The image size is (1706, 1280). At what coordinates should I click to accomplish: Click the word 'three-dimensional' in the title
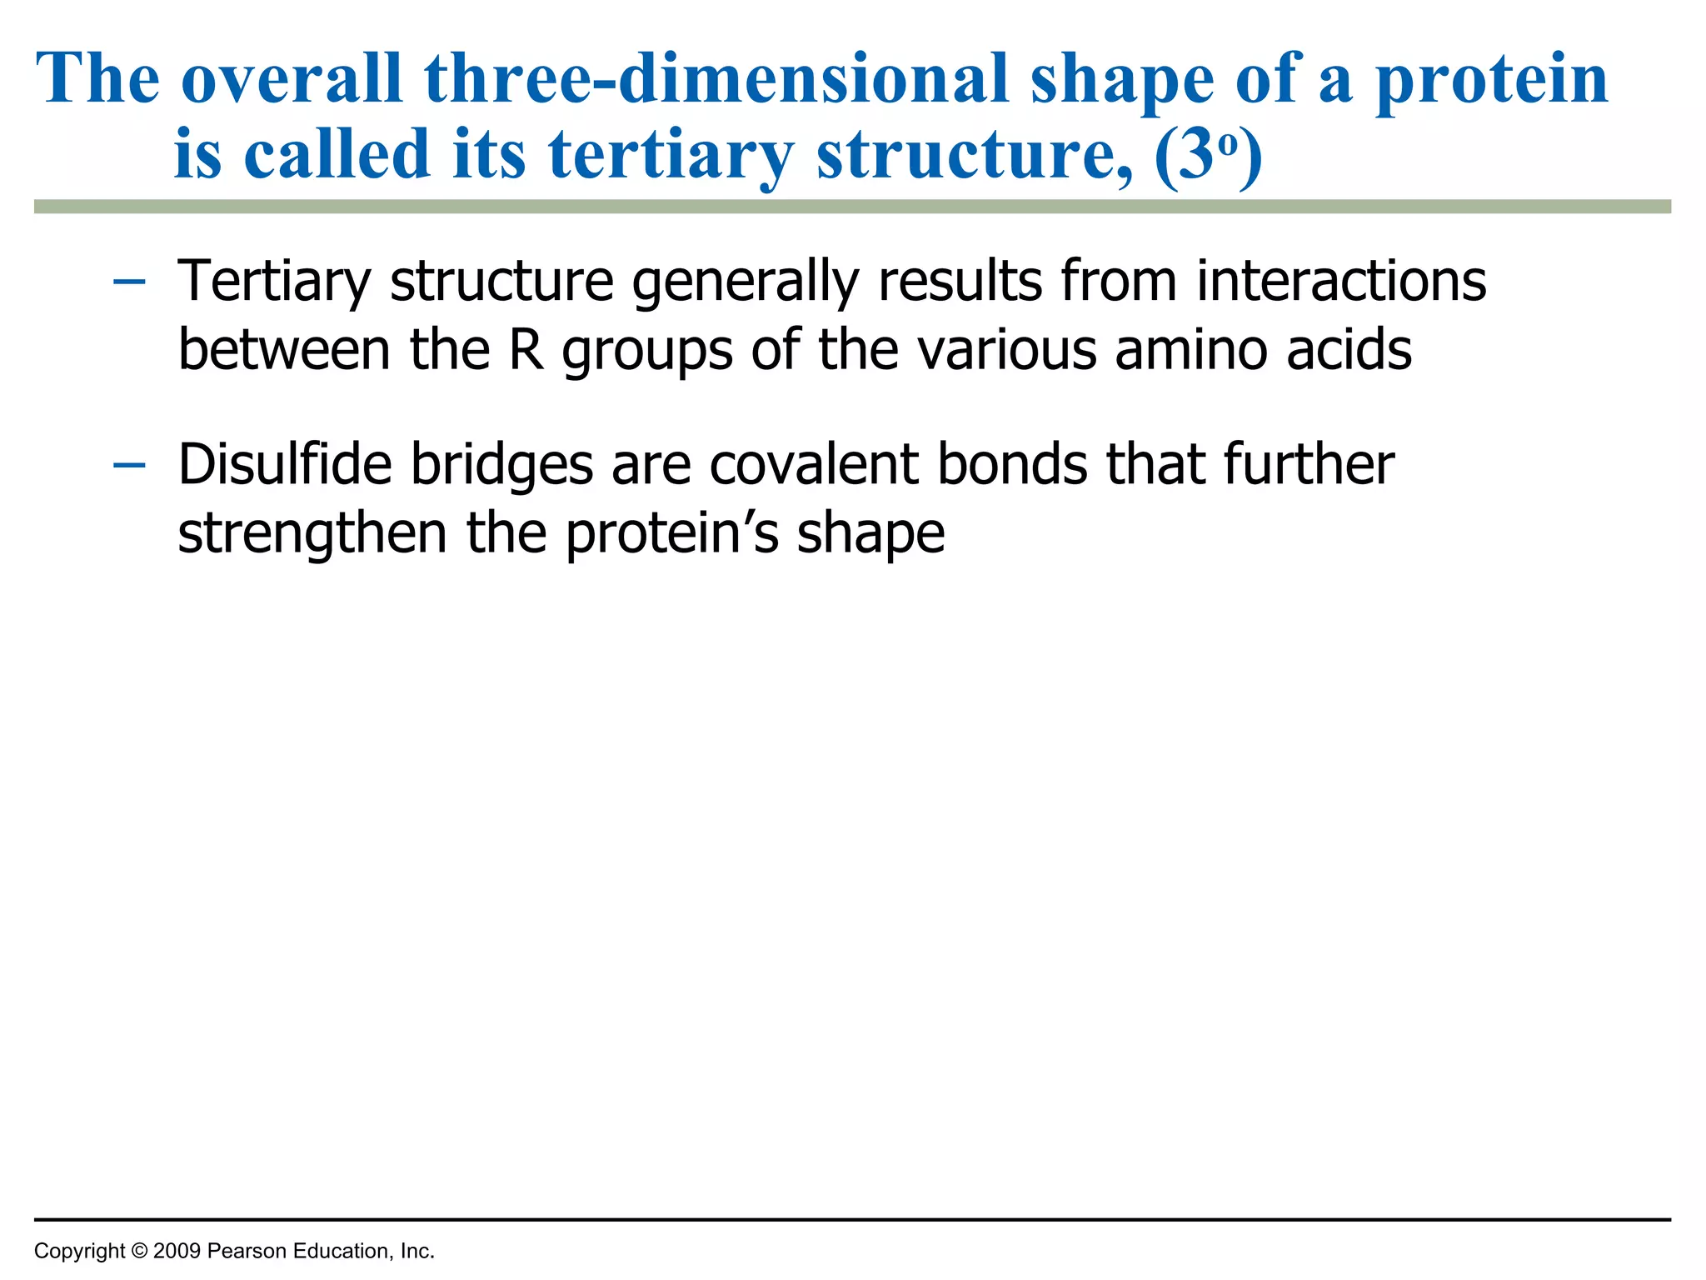coord(716,79)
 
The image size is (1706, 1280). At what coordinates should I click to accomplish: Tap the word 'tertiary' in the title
coord(671,156)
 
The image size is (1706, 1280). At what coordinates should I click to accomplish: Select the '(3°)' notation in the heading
coord(1208,156)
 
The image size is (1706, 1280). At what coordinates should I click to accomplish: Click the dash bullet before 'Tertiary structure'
coord(129,282)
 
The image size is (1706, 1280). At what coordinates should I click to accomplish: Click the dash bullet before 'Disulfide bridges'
coord(129,465)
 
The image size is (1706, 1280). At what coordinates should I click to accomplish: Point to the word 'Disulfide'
coord(284,464)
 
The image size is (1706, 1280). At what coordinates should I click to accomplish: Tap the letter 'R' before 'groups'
coord(526,350)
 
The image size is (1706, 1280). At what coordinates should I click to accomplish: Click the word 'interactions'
coord(1341,281)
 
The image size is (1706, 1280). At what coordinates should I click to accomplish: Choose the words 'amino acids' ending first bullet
coord(1263,350)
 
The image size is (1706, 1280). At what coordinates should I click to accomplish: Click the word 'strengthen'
coord(312,534)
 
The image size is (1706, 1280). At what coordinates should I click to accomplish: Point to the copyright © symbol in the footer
coord(139,1251)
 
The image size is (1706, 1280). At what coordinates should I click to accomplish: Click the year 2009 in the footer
coord(177,1251)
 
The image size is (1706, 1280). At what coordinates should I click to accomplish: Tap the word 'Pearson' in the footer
coord(242,1251)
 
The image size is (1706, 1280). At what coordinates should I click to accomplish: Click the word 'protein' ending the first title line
coord(1491,79)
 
